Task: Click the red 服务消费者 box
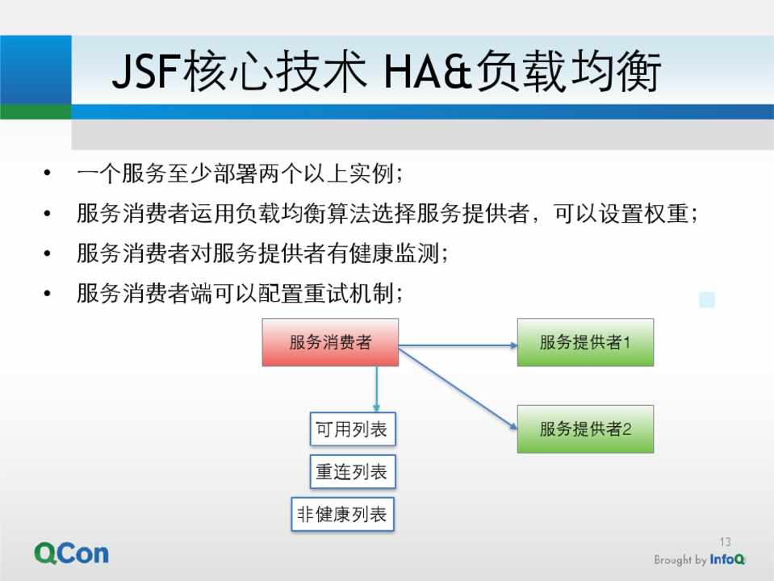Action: point(330,342)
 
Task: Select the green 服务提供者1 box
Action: point(585,342)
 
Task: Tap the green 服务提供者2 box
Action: point(585,429)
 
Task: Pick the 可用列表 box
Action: point(353,429)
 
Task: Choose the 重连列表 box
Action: point(353,472)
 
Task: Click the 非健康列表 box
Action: point(342,514)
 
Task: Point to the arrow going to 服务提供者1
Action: point(458,345)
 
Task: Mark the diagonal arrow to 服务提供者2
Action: point(458,388)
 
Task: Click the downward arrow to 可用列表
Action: point(377,389)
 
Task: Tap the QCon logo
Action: point(72,554)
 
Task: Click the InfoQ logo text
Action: point(727,560)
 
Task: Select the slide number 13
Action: point(725,542)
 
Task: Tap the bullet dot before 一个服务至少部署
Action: point(48,173)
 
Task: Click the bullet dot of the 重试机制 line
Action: point(48,293)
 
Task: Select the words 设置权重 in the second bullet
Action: point(644,213)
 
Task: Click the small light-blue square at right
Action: point(707,299)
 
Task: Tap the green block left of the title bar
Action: point(36,111)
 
